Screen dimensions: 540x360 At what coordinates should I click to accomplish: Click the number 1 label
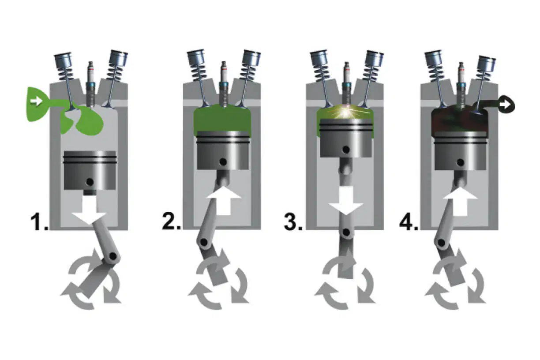[x=39, y=222]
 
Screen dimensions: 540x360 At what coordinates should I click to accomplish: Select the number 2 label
[x=171, y=221]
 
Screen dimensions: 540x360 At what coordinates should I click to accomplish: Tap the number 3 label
[x=293, y=221]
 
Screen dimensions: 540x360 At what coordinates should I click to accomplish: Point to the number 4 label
[x=409, y=221]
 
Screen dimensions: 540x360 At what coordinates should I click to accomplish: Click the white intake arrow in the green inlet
[x=37, y=102]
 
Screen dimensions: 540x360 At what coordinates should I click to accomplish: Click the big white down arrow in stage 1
[x=90, y=208]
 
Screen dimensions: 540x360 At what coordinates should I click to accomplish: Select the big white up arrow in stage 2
[x=224, y=201]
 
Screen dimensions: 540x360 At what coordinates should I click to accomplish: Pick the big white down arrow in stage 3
[x=346, y=201]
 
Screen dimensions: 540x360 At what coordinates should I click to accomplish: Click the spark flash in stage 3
[x=346, y=112]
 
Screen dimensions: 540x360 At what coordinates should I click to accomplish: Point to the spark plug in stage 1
[x=91, y=84]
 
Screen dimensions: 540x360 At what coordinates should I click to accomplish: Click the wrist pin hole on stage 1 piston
[x=90, y=182]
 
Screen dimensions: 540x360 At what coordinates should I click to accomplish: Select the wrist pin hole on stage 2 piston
[x=223, y=162]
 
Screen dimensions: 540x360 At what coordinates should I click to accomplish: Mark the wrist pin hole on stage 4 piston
[x=461, y=162]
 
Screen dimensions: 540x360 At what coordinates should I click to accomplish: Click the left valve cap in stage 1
[x=63, y=60]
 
